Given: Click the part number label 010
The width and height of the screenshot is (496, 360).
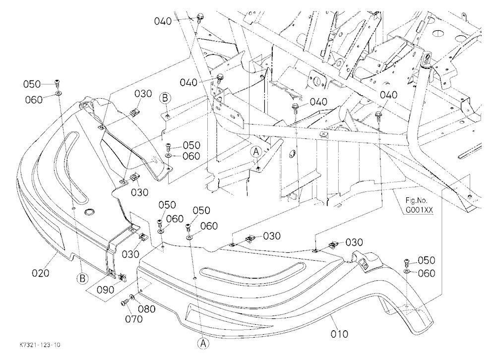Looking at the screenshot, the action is point(339,334).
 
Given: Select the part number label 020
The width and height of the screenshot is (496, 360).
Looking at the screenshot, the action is point(41,273).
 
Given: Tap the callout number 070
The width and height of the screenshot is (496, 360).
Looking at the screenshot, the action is point(134,319).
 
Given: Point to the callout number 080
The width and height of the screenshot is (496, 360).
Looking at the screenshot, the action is point(146,309).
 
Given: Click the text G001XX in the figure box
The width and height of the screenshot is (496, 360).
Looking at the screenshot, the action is point(419,210).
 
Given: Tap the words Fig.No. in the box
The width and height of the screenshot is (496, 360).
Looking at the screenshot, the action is point(417,200).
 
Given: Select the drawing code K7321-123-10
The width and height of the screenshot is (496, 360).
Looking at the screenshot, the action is point(40,345).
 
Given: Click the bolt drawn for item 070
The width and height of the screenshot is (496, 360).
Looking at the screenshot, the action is point(124,303).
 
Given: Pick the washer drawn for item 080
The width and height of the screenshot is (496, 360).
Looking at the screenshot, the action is point(131,298).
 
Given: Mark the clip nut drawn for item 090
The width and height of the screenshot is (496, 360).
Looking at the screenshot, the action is point(121,277).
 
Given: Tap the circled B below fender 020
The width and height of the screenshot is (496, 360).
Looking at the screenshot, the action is point(82,279).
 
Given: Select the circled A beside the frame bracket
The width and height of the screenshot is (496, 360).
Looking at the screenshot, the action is point(256,152).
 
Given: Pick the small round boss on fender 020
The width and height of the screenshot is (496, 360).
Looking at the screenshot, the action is point(90,212).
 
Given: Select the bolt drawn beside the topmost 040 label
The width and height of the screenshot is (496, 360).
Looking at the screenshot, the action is point(199,18).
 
